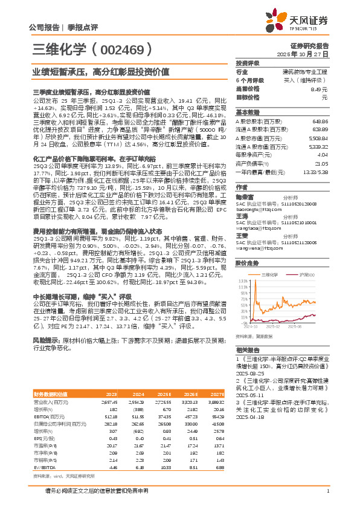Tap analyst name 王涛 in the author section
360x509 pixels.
(242, 215)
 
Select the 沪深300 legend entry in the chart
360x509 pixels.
(307, 274)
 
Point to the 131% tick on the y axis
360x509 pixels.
(245, 280)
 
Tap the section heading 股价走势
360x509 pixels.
(246, 264)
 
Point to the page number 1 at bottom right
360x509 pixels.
(326, 498)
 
